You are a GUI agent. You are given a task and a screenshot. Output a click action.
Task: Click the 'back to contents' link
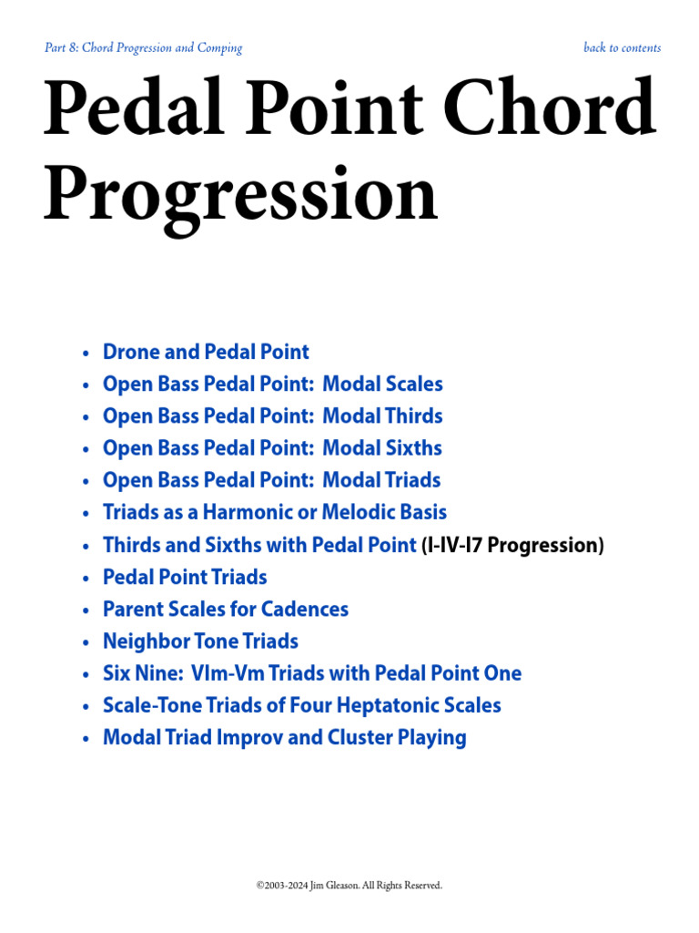click(x=622, y=48)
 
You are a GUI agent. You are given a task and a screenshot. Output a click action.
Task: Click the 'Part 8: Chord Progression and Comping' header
click(x=143, y=48)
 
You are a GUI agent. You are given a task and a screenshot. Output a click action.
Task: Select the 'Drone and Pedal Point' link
click(x=206, y=352)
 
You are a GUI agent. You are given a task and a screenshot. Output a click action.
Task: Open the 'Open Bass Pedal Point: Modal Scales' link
click(x=272, y=384)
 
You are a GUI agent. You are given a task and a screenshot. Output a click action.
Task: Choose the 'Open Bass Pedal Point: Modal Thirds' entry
click(x=272, y=416)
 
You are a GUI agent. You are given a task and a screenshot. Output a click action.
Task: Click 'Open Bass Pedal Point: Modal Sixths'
click(x=272, y=448)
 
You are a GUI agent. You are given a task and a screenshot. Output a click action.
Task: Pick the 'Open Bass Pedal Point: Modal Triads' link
click(x=271, y=480)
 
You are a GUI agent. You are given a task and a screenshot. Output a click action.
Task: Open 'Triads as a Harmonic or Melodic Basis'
click(x=275, y=512)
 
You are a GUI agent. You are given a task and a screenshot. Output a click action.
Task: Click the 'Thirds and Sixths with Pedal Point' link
click(x=259, y=545)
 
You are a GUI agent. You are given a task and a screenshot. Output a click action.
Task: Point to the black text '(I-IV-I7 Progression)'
click(x=512, y=546)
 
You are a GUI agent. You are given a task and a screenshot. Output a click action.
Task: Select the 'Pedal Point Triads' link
click(x=185, y=577)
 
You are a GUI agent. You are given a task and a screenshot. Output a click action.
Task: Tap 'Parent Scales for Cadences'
click(x=226, y=609)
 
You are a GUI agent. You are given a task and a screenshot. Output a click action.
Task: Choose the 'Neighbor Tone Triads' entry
click(x=200, y=641)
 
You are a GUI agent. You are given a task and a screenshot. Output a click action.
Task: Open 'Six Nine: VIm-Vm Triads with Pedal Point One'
click(x=312, y=673)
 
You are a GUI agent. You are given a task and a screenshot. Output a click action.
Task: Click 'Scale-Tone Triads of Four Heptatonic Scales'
click(x=301, y=705)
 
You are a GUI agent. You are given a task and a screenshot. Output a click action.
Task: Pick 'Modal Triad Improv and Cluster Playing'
click(x=284, y=737)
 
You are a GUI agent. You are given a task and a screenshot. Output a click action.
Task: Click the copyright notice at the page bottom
click(x=349, y=885)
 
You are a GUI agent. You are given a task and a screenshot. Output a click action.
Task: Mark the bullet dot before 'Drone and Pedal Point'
click(x=86, y=354)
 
